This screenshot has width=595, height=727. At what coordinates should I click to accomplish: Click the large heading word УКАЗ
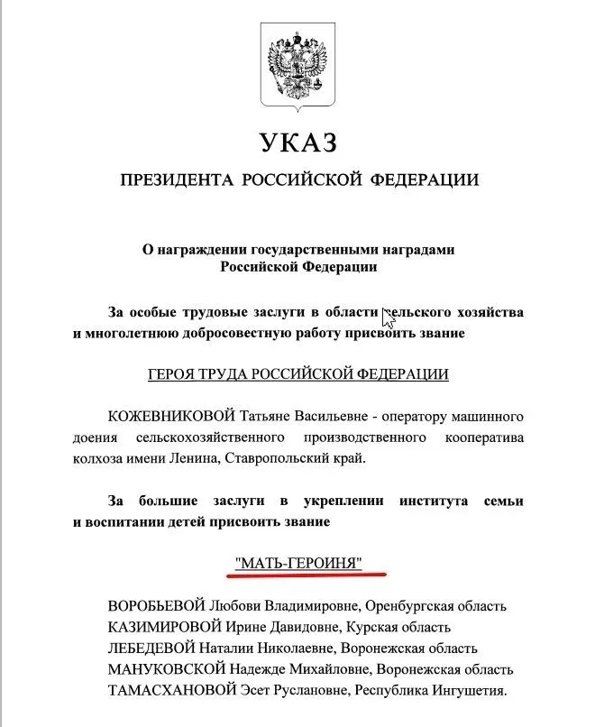tap(297, 143)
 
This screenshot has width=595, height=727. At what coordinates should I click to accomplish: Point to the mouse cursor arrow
tap(388, 317)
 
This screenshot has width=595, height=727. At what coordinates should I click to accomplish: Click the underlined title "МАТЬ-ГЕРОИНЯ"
tap(297, 564)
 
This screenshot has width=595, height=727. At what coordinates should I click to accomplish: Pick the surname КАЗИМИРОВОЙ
tap(163, 626)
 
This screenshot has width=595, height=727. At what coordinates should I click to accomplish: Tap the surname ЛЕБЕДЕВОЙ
tap(154, 648)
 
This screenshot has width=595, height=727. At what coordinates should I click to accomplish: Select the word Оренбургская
tap(411, 605)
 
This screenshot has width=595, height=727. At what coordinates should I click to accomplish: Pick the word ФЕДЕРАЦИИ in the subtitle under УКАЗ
tap(426, 179)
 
